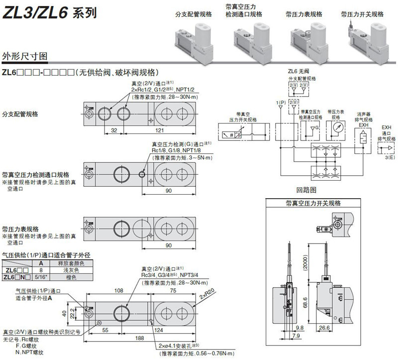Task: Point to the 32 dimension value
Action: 114,130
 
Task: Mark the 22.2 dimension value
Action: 73,312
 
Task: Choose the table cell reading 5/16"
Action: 41,277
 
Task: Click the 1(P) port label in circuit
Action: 281,102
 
